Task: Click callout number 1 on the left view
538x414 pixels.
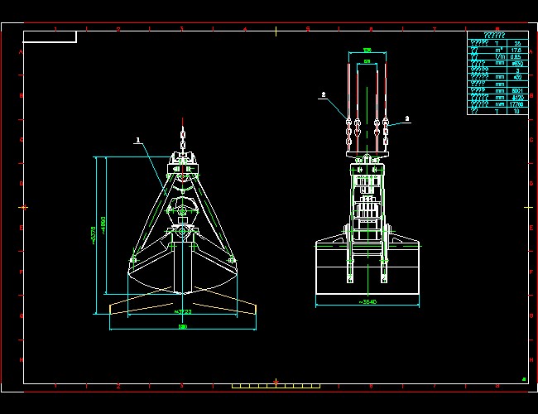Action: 138,140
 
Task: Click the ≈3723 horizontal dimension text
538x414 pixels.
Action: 183,312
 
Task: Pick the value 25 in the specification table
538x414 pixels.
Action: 517,43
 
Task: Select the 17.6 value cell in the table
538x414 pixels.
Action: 517,51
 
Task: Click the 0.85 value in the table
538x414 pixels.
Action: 517,57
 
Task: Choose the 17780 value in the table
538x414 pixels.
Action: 517,104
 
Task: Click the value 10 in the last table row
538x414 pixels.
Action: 517,111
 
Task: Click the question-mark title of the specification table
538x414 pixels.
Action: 497,36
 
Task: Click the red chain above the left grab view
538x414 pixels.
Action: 183,133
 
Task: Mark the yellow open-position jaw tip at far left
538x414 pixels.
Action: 113,311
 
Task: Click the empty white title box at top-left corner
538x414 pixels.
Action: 50,36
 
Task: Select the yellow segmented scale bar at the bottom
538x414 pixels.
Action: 276,386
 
